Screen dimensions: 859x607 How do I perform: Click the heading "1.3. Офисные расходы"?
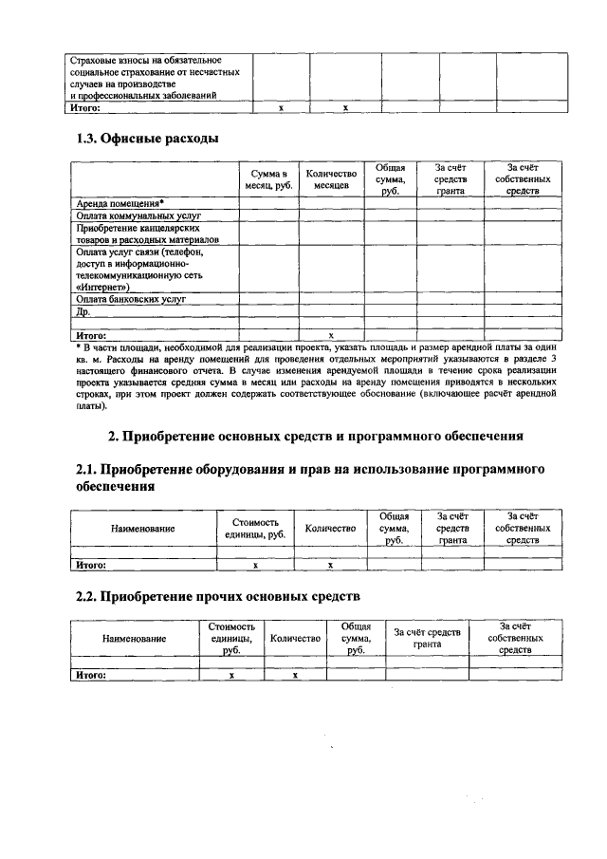(147, 139)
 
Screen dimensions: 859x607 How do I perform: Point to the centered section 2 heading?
(315, 437)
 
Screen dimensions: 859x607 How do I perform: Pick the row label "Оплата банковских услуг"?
(130, 298)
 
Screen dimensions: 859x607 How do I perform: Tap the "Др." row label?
(82, 311)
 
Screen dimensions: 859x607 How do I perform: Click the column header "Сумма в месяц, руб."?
(268, 179)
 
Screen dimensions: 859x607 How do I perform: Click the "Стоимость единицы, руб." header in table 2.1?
(255, 528)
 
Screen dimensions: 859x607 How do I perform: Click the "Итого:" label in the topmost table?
(93, 107)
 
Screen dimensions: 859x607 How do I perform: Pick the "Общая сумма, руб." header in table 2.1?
(394, 528)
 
